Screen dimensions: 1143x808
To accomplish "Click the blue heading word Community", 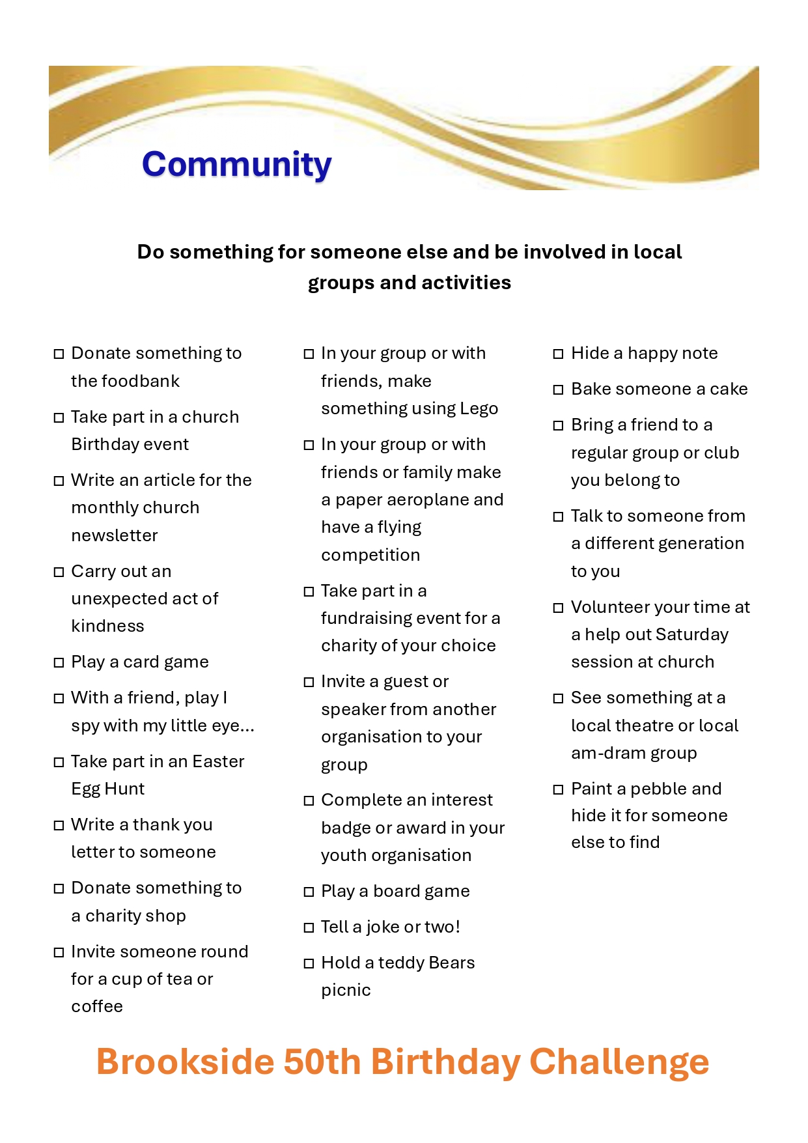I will tap(236, 164).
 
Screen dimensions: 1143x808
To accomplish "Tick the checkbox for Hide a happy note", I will tap(558, 354).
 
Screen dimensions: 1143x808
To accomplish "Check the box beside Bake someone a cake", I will tap(558, 389).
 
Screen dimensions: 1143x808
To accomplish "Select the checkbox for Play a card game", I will tap(59, 663).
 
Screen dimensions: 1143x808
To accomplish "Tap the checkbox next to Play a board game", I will tap(309, 892).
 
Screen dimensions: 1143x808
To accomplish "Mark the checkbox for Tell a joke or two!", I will tap(309, 927).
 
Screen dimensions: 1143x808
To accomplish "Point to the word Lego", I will tap(479, 408).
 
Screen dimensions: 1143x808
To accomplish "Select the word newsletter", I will tap(115, 535).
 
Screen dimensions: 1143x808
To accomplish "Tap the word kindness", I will tap(107, 626).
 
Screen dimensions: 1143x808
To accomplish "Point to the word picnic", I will tap(346, 991).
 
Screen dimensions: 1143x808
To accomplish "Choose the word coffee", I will tap(97, 1006).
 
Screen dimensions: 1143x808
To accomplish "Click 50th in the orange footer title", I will tap(322, 1062).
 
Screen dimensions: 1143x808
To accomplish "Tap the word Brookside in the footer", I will tap(185, 1062).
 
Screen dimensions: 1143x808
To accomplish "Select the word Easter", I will tap(218, 761).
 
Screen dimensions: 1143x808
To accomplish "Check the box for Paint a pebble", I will tap(558, 789).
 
